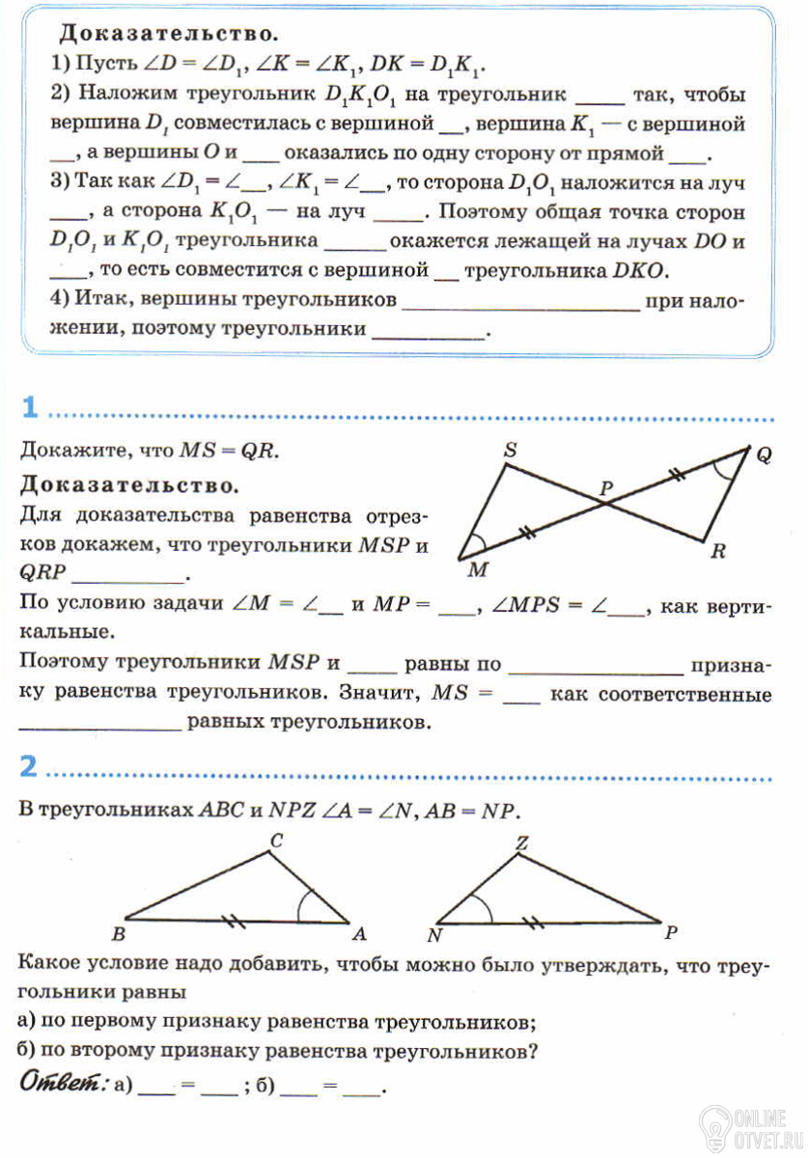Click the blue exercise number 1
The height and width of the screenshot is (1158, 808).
(29, 409)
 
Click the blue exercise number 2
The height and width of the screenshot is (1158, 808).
(29, 767)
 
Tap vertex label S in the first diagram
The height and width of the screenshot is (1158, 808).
(510, 450)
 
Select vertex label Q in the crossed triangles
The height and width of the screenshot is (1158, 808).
(763, 456)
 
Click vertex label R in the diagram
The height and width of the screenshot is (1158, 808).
(717, 553)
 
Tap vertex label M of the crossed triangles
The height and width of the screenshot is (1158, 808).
(476, 570)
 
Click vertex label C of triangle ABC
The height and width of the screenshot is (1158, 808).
(275, 841)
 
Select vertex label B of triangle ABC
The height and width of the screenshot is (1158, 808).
(119, 933)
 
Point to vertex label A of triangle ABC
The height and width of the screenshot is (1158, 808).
(359, 933)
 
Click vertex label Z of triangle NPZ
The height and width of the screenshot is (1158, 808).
(522, 842)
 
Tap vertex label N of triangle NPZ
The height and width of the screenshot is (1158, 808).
(435, 934)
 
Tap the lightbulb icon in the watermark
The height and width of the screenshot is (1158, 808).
(715, 1124)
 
